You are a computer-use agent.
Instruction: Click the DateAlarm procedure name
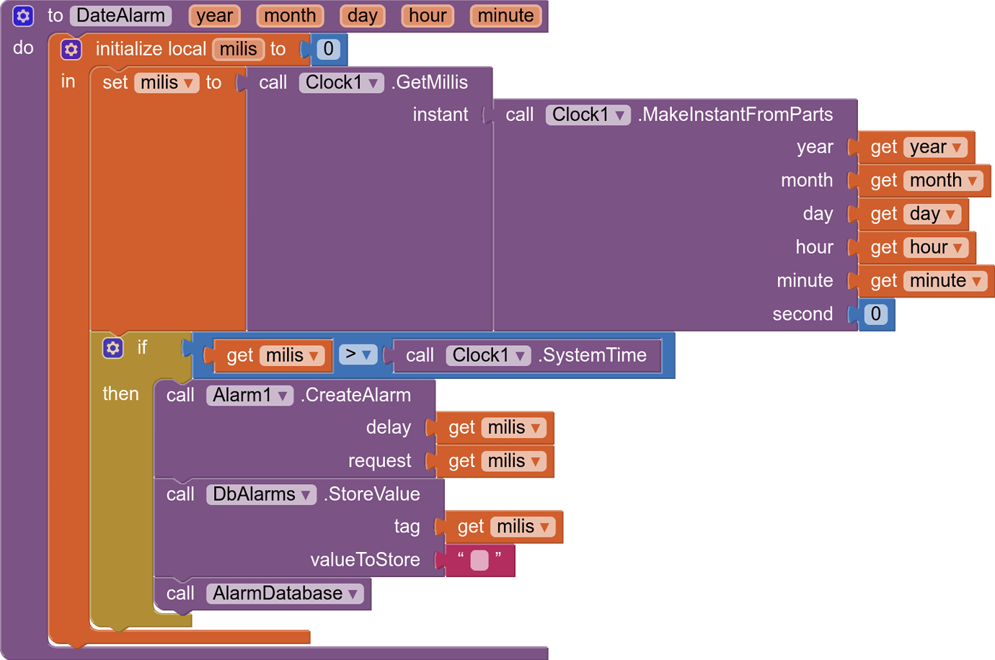coord(120,16)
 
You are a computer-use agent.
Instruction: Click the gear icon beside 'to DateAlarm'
coord(23,16)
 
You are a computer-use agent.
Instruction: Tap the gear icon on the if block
coord(112,348)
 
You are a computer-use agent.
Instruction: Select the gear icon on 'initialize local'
coord(71,49)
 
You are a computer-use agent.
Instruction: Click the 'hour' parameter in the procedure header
coord(428,16)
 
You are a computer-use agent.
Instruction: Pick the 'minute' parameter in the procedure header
coord(505,16)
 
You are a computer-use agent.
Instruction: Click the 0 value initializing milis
coord(328,49)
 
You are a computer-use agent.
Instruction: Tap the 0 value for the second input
coord(875,314)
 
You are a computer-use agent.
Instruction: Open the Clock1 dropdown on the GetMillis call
coord(341,83)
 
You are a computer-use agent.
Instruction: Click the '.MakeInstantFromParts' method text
coord(735,115)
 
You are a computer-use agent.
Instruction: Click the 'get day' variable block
coord(913,214)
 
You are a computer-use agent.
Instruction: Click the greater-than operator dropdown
coord(358,354)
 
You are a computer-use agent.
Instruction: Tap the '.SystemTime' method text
coord(592,355)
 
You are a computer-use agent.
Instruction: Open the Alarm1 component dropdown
coord(249,395)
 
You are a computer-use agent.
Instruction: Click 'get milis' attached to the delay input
coord(495,428)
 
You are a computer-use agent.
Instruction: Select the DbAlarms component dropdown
coord(261,494)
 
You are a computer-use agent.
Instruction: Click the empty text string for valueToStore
coord(479,560)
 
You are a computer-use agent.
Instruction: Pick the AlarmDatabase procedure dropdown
coord(285,594)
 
